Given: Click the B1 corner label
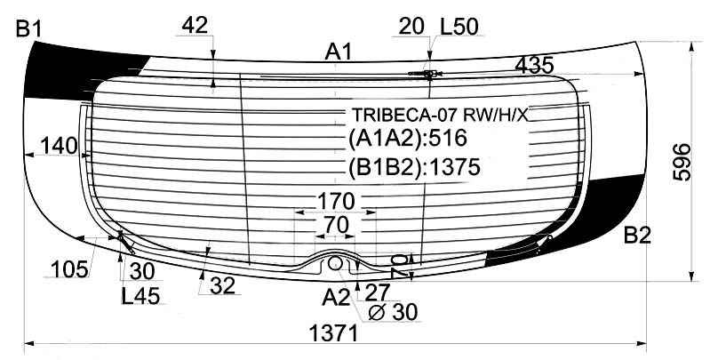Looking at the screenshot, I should click(28, 29).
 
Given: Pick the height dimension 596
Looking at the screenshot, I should click(680, 162).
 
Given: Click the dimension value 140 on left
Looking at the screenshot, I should click(59, 146).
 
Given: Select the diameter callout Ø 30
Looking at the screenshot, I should click(392, 311).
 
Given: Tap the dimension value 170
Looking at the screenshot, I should click(336, 199).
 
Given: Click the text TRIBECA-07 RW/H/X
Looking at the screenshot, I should click(439, 116).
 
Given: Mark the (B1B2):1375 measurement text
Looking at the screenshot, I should click(413, 167).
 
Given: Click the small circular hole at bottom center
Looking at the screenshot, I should click(336, 263).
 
